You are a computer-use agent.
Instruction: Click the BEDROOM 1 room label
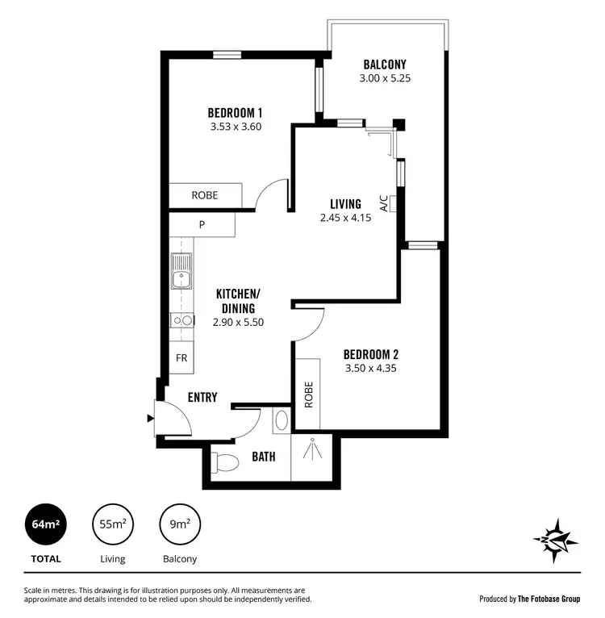(235, 113)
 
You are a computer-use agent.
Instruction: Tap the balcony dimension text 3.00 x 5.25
(384, 78)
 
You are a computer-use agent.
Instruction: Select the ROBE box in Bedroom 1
(204, 195)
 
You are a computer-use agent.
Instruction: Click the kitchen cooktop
(181, 320)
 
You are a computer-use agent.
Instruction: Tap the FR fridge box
(181, 358)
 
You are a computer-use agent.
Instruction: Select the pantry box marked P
(202, 223)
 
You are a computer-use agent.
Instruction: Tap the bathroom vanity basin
(281, 420)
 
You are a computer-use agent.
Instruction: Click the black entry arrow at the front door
(149, 418)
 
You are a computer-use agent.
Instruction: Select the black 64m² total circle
(45, 525)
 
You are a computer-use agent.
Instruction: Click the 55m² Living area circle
(112, 525)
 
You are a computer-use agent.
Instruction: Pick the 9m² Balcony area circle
(180, 525)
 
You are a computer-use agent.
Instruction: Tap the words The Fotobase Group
(549, 599)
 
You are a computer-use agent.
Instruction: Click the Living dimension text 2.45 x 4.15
(345, 217)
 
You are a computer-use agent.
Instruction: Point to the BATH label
(263, 457)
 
